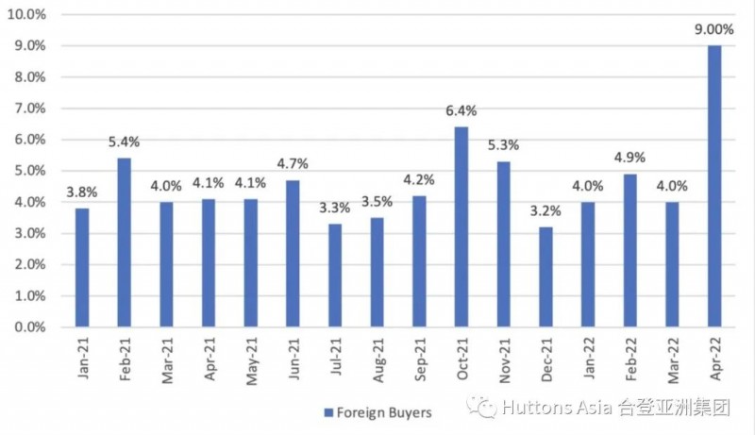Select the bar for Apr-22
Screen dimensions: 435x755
[x=714, y=186]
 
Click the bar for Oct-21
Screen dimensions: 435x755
[x=461, y=227]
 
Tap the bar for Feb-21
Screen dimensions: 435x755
[x=124, y=243]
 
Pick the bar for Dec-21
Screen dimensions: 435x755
[x=546, y=276]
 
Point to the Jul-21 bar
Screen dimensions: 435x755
[x=335, y=276]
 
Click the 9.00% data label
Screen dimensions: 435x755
[x=714, y=28]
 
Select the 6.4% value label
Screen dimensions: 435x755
[x=461, y=110]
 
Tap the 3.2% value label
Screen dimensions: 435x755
[x=546, y=210]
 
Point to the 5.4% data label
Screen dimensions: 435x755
[x=124, y=142]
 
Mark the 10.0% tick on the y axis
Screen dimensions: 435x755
[x=26, y=14]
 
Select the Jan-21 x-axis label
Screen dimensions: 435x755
[x=83, y=360]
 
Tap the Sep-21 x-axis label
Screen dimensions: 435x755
[x=420, y=360]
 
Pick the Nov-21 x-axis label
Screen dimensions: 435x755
[x=505, y=360]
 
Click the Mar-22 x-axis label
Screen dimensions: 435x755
[x=673, y=360]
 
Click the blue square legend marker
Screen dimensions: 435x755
[x=327, y=412]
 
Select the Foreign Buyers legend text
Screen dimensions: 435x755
[x=378, y=412]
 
